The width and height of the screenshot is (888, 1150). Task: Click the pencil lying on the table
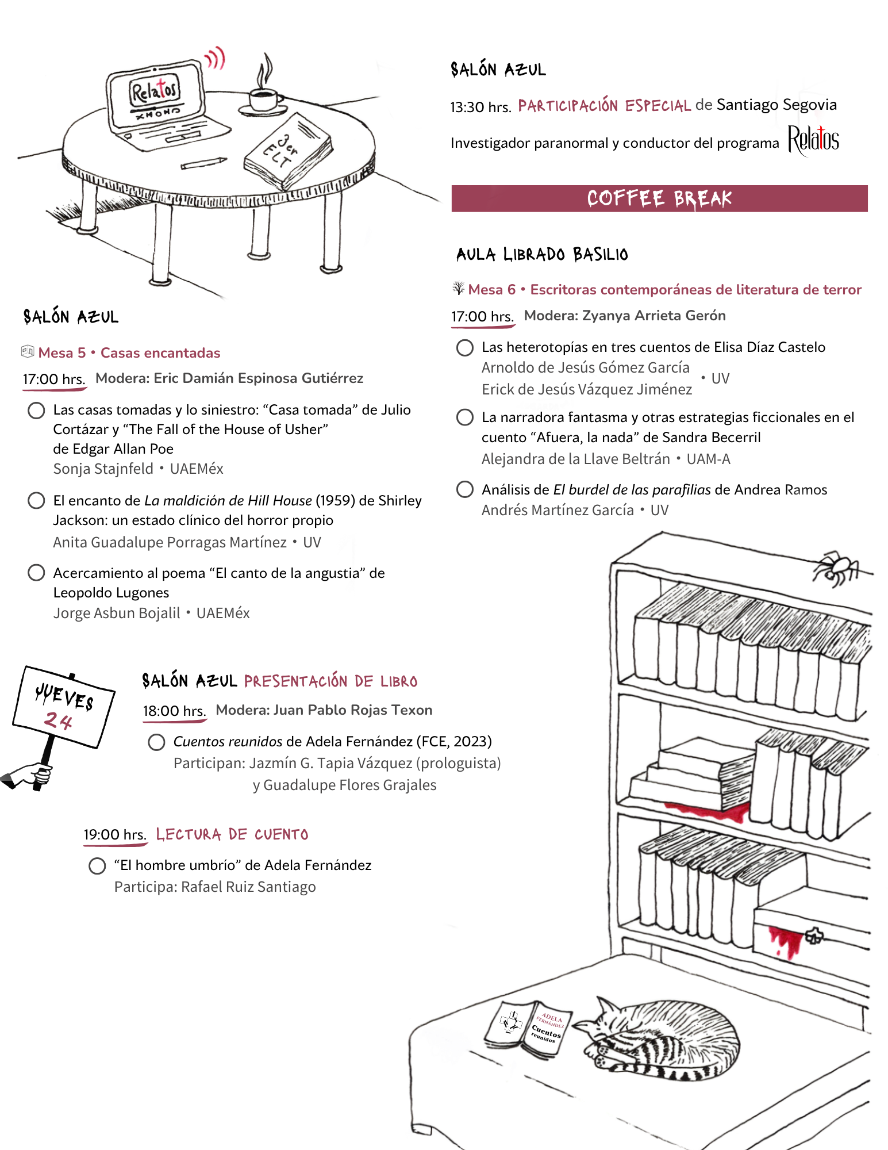pos(203,163)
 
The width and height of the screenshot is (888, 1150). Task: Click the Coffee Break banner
pos(659,198)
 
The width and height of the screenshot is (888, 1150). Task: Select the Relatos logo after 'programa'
pos(813,140)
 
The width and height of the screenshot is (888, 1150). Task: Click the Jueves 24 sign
pos(63,707)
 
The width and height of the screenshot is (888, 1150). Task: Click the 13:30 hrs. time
pos(480,107)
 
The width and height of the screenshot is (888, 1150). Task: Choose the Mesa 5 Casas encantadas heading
pos(129,352)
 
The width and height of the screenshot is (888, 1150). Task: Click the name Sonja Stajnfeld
pos(103,469)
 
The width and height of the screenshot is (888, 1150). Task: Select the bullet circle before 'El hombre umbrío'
pos(97,865)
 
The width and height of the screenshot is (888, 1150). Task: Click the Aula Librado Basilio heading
pos(542,254)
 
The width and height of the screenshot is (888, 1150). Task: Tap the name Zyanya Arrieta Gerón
pos(654,316)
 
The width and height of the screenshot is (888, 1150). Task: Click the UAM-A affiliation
pos(708,459)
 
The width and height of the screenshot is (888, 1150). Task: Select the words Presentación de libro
pos(330,681)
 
